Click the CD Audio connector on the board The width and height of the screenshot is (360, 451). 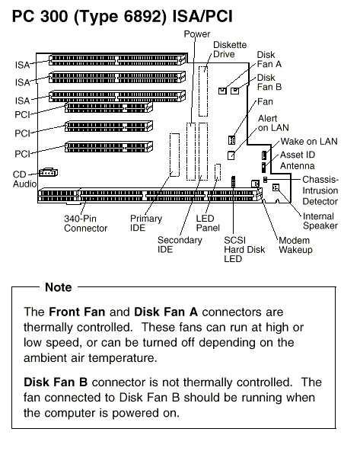[48, 173]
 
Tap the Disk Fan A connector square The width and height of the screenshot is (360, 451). [222, 91]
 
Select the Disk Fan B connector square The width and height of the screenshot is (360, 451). [234, 91]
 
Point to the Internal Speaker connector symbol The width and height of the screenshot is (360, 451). [276, 187]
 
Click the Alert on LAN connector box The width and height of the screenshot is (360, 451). [231, 155]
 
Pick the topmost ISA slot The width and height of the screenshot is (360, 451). [117, 60]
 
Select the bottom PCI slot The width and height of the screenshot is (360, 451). [109, 147]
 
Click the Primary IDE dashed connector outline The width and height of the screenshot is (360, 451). [174, 155]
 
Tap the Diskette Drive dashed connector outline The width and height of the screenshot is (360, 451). [203, 91]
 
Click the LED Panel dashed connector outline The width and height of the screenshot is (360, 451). [218, 172]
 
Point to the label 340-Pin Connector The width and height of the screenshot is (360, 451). [85, 223]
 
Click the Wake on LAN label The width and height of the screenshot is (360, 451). [309, 141]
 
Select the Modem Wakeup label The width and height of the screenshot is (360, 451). [295, 245]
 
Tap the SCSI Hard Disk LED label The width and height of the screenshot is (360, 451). [244, 249]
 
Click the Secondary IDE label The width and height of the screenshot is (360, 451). [180, 245]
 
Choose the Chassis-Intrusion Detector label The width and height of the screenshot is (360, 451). [320, 190]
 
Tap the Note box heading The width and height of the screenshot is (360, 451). [59, 287]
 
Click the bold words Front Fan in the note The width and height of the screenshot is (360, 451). [77, 312]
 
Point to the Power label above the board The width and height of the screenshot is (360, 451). [197, 34]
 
